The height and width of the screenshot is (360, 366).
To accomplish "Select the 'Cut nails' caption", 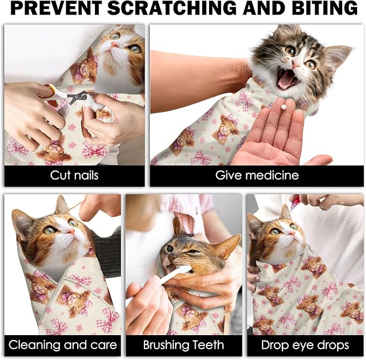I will pos(74,175).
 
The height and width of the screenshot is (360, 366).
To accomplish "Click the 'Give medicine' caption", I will pos(257,175).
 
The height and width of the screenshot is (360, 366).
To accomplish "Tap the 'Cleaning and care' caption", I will pos(63,344).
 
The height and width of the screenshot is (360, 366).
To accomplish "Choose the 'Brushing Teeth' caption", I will pos(184,344).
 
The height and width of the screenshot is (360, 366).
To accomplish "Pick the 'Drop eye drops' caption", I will pos(305,344).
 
